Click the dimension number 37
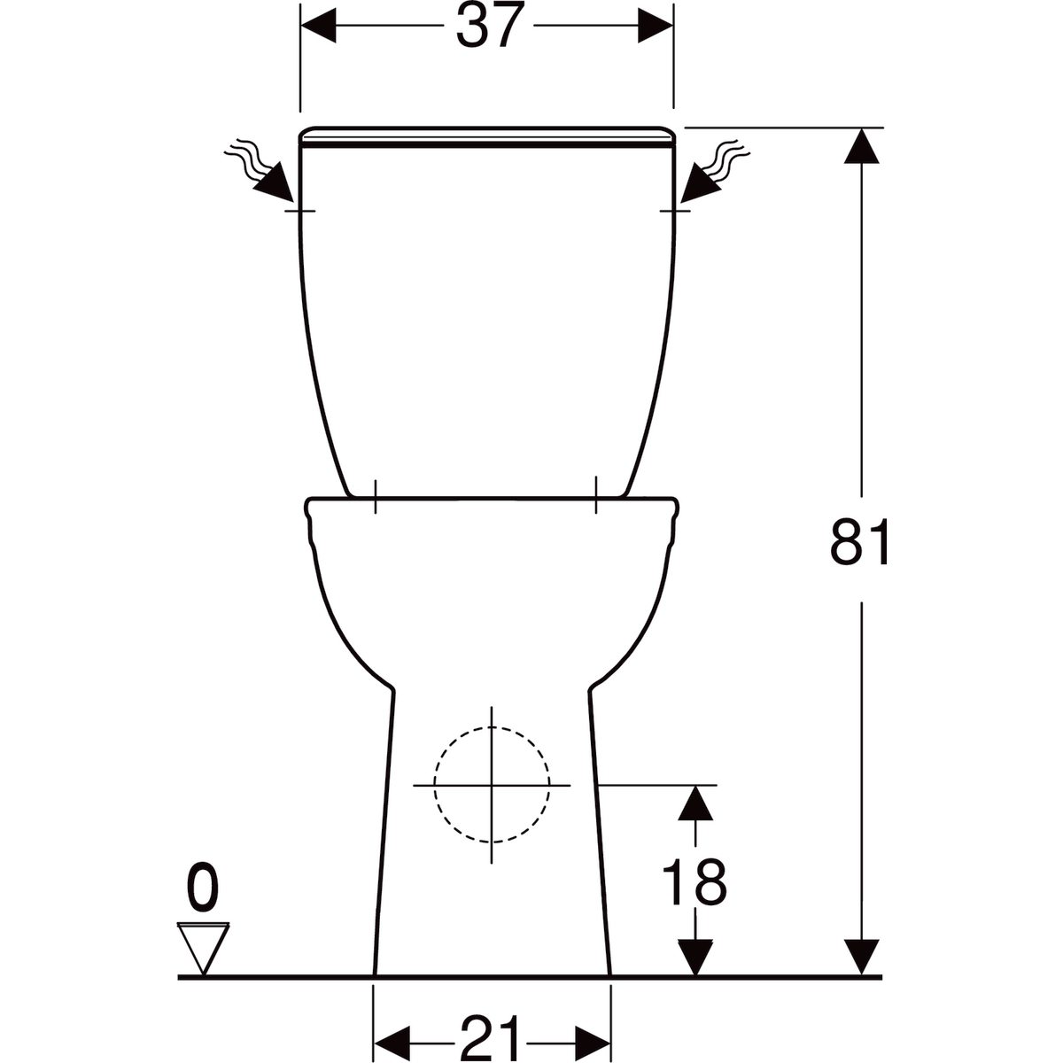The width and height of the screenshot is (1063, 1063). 489,27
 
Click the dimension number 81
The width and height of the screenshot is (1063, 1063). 859,541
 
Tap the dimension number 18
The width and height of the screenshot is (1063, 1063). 694,882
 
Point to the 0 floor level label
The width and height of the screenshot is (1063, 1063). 203,887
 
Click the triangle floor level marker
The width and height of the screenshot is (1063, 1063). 203,950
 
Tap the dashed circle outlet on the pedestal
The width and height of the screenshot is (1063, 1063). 492,785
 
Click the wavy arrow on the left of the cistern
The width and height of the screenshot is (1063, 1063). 260,171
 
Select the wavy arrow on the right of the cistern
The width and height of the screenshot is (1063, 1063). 715,171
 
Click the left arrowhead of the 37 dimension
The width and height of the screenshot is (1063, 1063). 318,26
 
